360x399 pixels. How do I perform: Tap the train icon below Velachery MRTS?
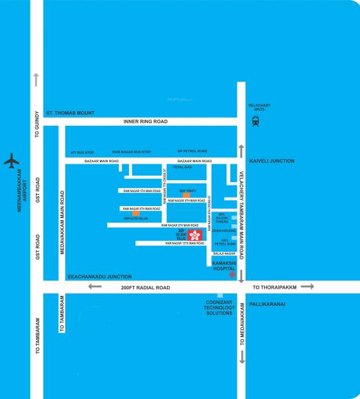256,121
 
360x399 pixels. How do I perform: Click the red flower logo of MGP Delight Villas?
195,235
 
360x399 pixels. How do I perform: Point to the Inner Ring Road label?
146,122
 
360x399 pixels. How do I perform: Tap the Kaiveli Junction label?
271,161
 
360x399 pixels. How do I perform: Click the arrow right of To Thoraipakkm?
307,287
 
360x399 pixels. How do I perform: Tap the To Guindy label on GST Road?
37,124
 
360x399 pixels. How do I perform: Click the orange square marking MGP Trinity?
186,194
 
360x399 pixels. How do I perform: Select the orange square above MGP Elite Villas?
136,213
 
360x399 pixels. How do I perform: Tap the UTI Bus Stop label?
83,152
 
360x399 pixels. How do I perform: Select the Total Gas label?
182,167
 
